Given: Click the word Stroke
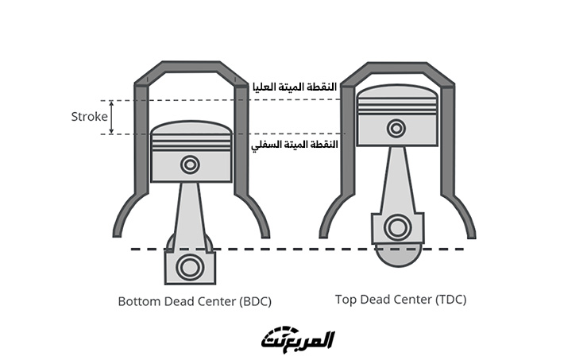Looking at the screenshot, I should click(x=88, y=117).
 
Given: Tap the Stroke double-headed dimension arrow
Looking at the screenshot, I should click(x=112, y=117).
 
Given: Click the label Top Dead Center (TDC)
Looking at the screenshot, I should click(x=400, y=300).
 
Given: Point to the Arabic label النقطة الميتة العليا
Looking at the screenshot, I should click(x=294, y=86).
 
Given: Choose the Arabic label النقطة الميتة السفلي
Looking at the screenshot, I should click(x=295, y=145).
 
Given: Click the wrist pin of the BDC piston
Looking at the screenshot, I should click(x=190, y=165).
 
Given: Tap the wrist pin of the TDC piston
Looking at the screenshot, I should click(x=395, y=127).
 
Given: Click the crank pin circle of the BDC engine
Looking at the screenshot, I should click(x=189, y=266).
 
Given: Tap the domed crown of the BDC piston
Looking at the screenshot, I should click(x=191, y=128).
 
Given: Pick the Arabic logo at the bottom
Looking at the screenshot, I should click(x=298, y=339).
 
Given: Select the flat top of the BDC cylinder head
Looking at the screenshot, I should click(x=191, y=67).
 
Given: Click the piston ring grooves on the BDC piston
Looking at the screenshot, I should click(x=191, y=143).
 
